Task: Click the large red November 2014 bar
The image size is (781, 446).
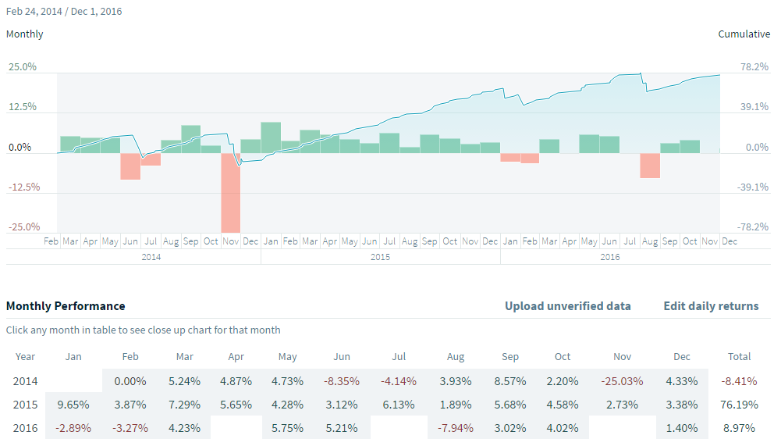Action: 230,192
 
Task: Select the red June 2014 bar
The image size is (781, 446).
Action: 130,166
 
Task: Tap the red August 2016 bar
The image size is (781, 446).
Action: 650,165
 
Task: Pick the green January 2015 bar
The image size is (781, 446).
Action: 271,137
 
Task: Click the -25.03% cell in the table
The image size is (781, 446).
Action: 622,382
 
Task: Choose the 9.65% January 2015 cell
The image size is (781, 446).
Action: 73,405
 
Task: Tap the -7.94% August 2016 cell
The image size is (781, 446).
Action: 456,427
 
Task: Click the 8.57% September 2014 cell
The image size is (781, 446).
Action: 510,382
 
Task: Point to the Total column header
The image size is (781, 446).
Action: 738,356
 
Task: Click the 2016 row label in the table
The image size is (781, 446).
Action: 25,427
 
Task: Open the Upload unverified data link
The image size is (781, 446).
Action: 567,306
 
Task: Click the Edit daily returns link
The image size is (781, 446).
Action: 711,306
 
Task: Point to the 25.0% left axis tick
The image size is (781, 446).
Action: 23,67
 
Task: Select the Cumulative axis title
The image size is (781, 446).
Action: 744,34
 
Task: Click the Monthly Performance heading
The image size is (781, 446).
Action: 66,306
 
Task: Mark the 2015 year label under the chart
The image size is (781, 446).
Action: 380,256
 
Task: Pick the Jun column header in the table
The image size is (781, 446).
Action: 342,356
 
